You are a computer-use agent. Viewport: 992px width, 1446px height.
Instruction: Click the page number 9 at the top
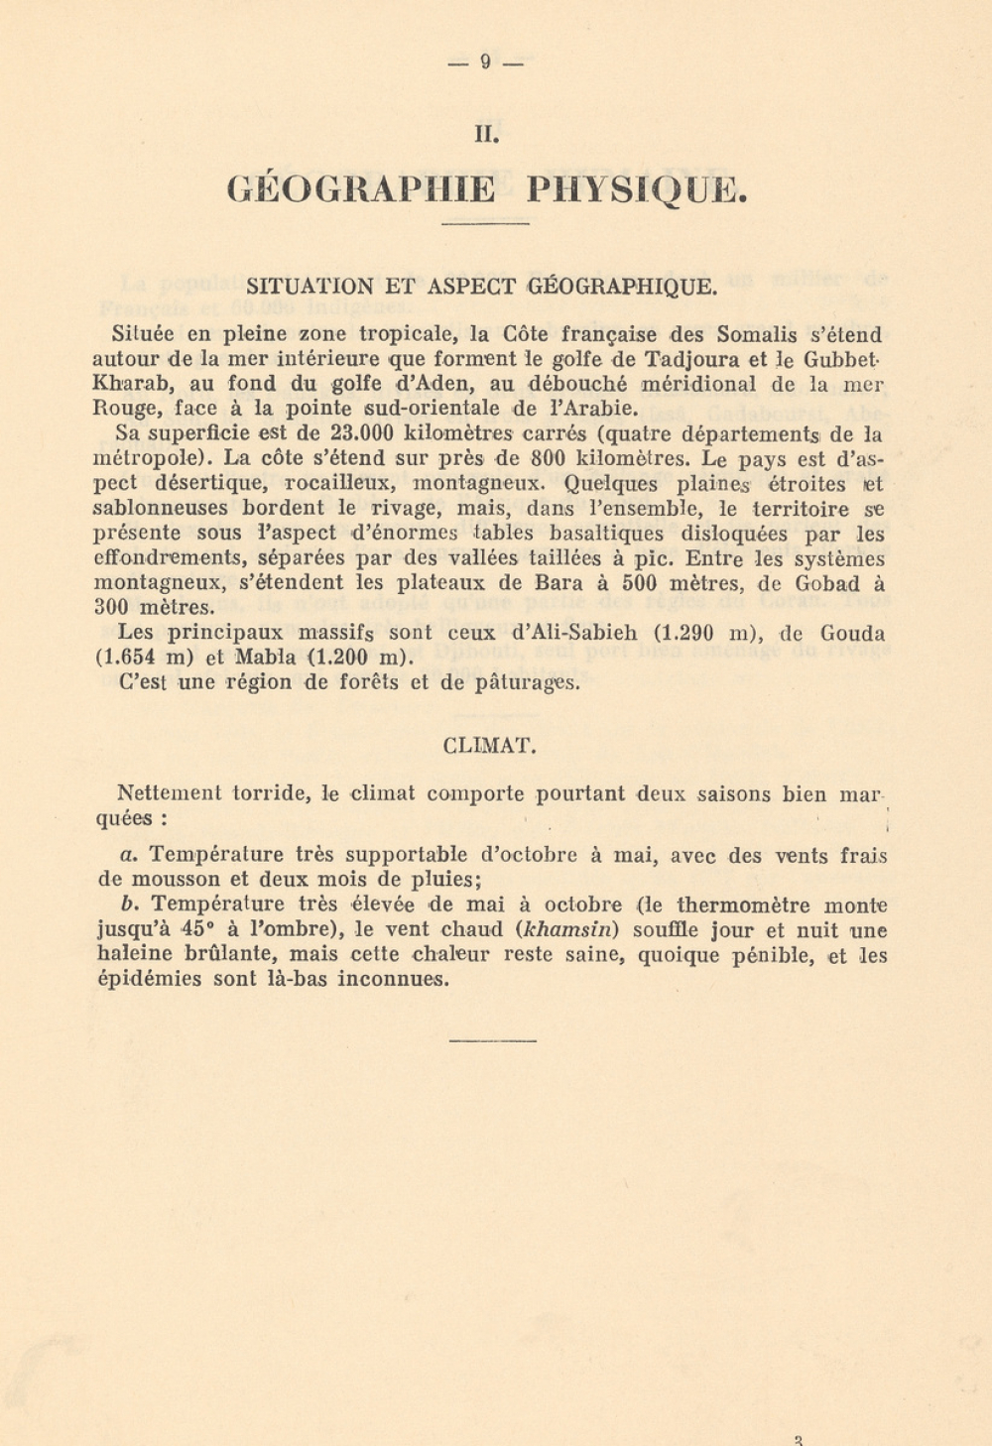[x=485, y=62]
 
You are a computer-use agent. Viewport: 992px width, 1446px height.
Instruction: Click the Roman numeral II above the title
[x=485, y=134]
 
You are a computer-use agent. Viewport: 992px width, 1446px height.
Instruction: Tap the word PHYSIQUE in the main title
[x=636, y=189]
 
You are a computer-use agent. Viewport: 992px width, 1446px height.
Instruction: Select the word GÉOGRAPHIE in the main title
[x=361, y=189]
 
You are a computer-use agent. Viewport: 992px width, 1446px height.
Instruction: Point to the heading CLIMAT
[x=489, y=746]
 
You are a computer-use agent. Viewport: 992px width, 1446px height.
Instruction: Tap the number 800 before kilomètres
[x=549, y=458]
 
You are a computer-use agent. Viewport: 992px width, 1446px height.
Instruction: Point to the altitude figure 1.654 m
[x=147, y=658]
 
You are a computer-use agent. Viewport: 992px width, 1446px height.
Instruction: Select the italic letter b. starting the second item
[x=128, y=904]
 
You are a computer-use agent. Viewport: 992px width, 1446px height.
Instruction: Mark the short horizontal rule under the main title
[x=485, y=224]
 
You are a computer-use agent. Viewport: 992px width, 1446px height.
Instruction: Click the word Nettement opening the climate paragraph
[x=169, y=793]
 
